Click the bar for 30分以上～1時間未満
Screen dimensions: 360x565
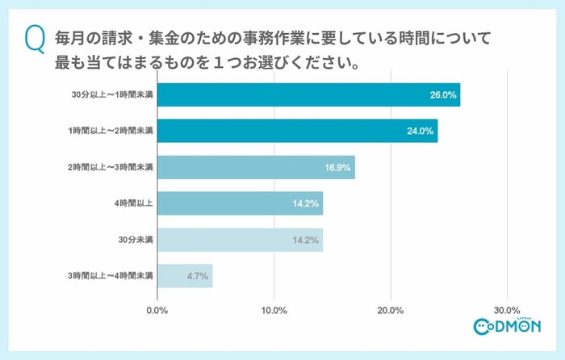click(308, 95)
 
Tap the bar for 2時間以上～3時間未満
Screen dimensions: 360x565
click(256, 167)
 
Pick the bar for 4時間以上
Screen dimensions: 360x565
click(240, 203)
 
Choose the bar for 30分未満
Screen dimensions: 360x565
click(240, 240)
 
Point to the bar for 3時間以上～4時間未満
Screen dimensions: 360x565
click(185, 276)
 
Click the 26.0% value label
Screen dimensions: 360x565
click(443, 95)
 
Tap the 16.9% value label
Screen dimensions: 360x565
click(337, 167)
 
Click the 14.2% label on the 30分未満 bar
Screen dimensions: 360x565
click(307, 240)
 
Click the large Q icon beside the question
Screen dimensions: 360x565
click(36, 40)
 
